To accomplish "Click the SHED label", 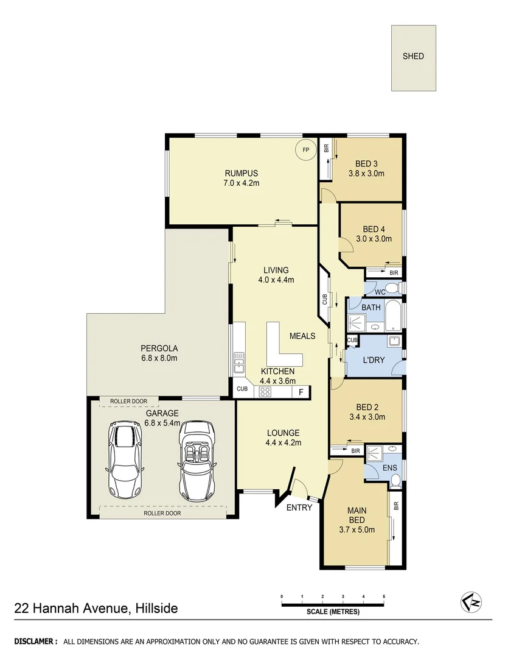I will (x=413, y=56).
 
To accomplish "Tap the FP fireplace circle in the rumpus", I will (x=305, y=149).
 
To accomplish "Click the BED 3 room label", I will (x=366, y=163).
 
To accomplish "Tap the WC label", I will (x=380, y=292).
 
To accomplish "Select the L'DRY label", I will (x=374, y=360).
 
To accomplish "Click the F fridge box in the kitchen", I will (x=301, y=392).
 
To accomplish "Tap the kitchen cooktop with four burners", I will (x=265, y=392).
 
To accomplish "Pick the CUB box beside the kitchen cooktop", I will (x=242, y=389).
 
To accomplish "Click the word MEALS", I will (x=302, y=336).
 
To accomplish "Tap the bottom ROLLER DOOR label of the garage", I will (x=162, y=513).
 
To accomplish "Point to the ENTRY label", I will (x=299, y=508).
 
